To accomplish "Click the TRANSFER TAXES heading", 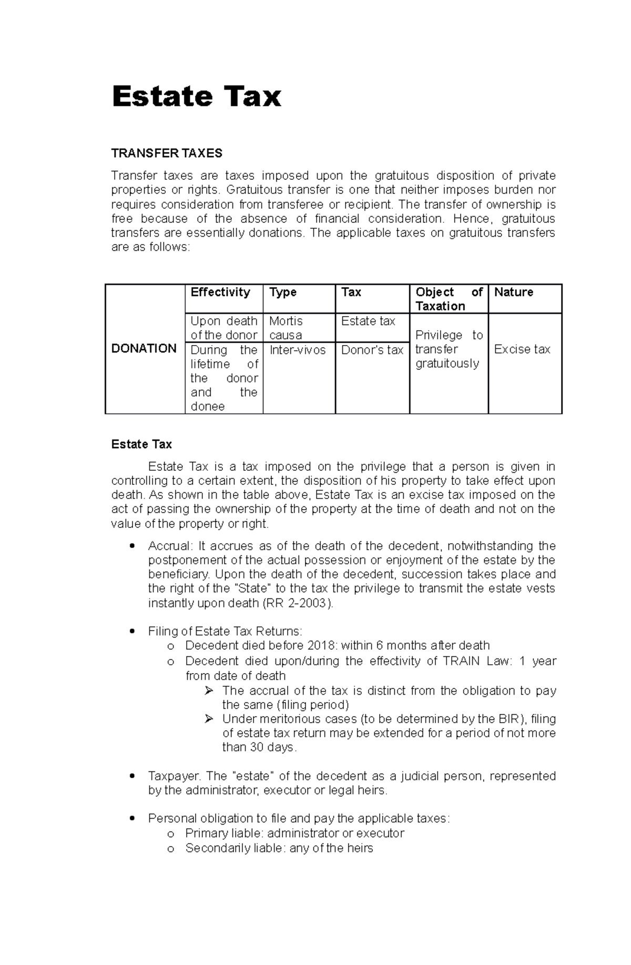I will pyautogui.click(x=167, y=153).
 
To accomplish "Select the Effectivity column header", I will pyautogui.click(x=220, y=292).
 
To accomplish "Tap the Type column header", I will pyautogui.click(x=283, y=292).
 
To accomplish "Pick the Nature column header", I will pyautogui.click(x=513, y=292).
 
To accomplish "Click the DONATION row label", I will pyautogui.click(x=144, y=349).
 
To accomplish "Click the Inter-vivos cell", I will pyautogui.click(x=298, y=350).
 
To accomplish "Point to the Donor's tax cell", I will pyautogui.click(x=372, y=350).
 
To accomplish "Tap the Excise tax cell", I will pyautogui.click(x=522, y=350).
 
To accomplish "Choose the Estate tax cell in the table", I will pyautogui.click(x=368, y=321).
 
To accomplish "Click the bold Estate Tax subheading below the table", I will pyautogui.click(x=141, y=444).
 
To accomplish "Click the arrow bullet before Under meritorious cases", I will pyautogui.click(x=209, y=719).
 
